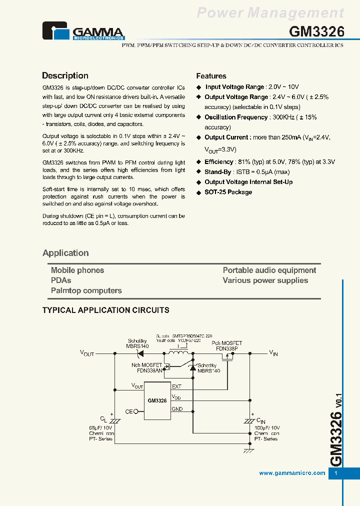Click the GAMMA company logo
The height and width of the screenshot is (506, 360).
(x=83, y=31)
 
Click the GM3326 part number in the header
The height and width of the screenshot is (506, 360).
(x=317, y=32)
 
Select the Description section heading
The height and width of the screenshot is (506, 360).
(x=65, y=76)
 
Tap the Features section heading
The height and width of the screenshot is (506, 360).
(x=211, y=76)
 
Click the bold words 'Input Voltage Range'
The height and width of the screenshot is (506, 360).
(x=235, y=87)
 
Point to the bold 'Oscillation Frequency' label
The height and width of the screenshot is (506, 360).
(x=236, y=117)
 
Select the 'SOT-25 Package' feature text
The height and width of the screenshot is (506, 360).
(x=228, y=192)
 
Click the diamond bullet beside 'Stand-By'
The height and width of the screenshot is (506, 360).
(x=198, y=172)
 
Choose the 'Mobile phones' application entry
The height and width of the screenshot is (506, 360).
(x=77, y=270)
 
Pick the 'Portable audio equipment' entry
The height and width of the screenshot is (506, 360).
(x=269, y=270)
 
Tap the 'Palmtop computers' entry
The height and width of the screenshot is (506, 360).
(x=86, y=290)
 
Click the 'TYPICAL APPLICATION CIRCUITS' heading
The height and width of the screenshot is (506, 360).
(x=105, y=310)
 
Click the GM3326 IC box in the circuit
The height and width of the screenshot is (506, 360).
(x=157, y=400)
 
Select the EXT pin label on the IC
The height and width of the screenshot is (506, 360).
(x=176, y=386)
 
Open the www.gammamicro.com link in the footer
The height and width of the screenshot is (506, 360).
(x=292, y=473)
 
